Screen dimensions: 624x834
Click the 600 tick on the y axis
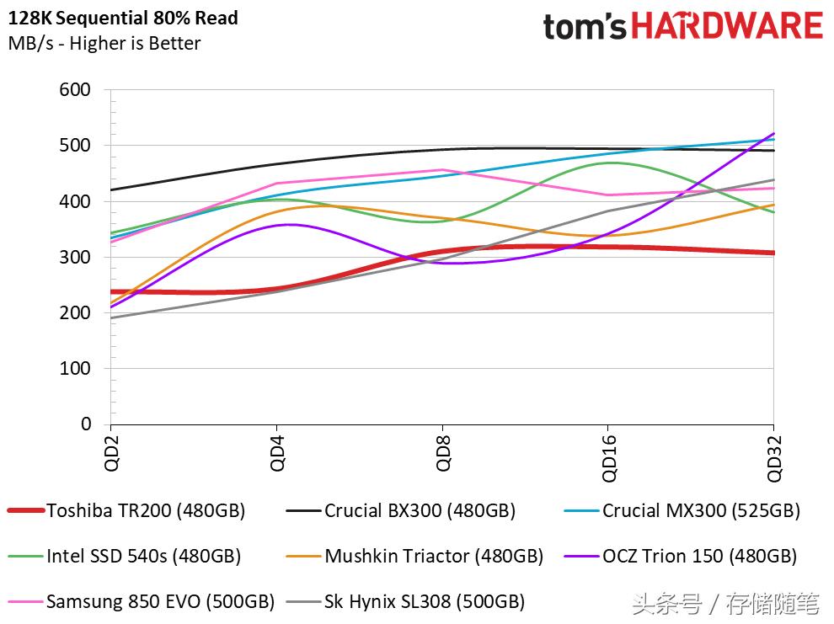click(x=75, y=90)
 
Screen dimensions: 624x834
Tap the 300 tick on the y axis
click(x=75, y=257)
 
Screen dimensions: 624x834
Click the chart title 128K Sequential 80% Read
click(x=123, y=18)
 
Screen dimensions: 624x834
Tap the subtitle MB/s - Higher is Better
click(x=104, y=43)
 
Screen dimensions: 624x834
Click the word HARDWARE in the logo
click(x=727, y=26)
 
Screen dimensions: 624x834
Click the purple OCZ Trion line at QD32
click(x=773, y=134)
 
